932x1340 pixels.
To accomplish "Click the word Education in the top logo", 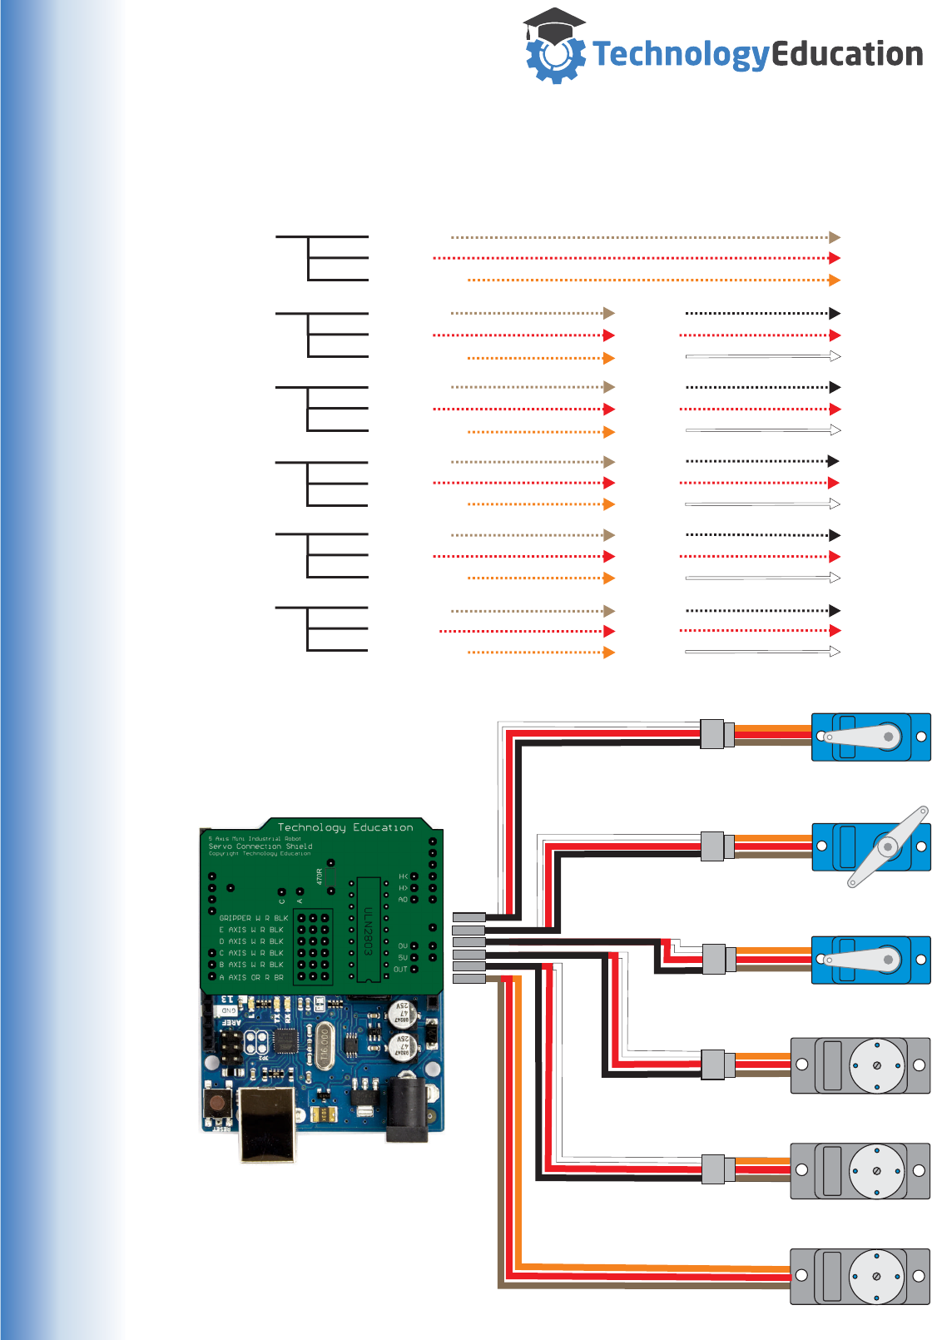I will click(847, 55).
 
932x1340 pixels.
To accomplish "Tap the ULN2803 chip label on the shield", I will click(368, 931).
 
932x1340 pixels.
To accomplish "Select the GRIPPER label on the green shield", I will click(235, 918).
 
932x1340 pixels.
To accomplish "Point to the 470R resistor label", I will click(320, 876).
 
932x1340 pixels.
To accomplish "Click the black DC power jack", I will click(407, 1107).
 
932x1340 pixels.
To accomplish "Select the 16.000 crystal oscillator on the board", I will click(323, 1045).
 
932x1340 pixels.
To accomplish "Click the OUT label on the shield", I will click(400, 970).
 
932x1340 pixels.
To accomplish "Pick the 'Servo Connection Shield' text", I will click(260, 846).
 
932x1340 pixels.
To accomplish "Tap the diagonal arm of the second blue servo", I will click(887, 846).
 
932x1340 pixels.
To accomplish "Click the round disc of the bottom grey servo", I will click(876, 1277).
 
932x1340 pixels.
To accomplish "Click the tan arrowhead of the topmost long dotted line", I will click(835, 238).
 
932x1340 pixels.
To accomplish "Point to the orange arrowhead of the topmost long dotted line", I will click(835, 280).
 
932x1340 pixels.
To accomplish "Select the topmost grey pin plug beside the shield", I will click(468, 917).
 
